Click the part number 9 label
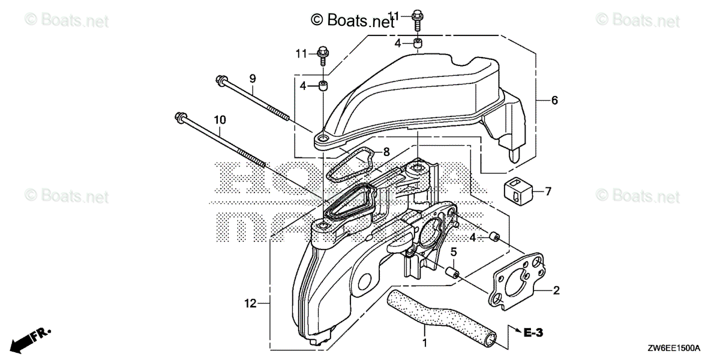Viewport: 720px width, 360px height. pyautogui.click(x=253, y=78)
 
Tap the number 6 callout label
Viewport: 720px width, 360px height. pyautogui.click(x=554, y=101)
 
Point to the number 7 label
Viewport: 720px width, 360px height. pyautogui.click(x=547, y=192)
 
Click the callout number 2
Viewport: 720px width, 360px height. pyautogui.click(x=556, y=291)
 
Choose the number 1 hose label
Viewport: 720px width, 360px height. pyautogui.click(x=425, y=344)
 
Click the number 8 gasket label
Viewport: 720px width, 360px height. pyautogui.click(x=386, y=152)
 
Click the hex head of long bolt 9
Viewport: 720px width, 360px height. pyautogui.click(x=221, y=79)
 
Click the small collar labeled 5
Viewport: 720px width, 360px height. pyautogui.click(x=452, y=274)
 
